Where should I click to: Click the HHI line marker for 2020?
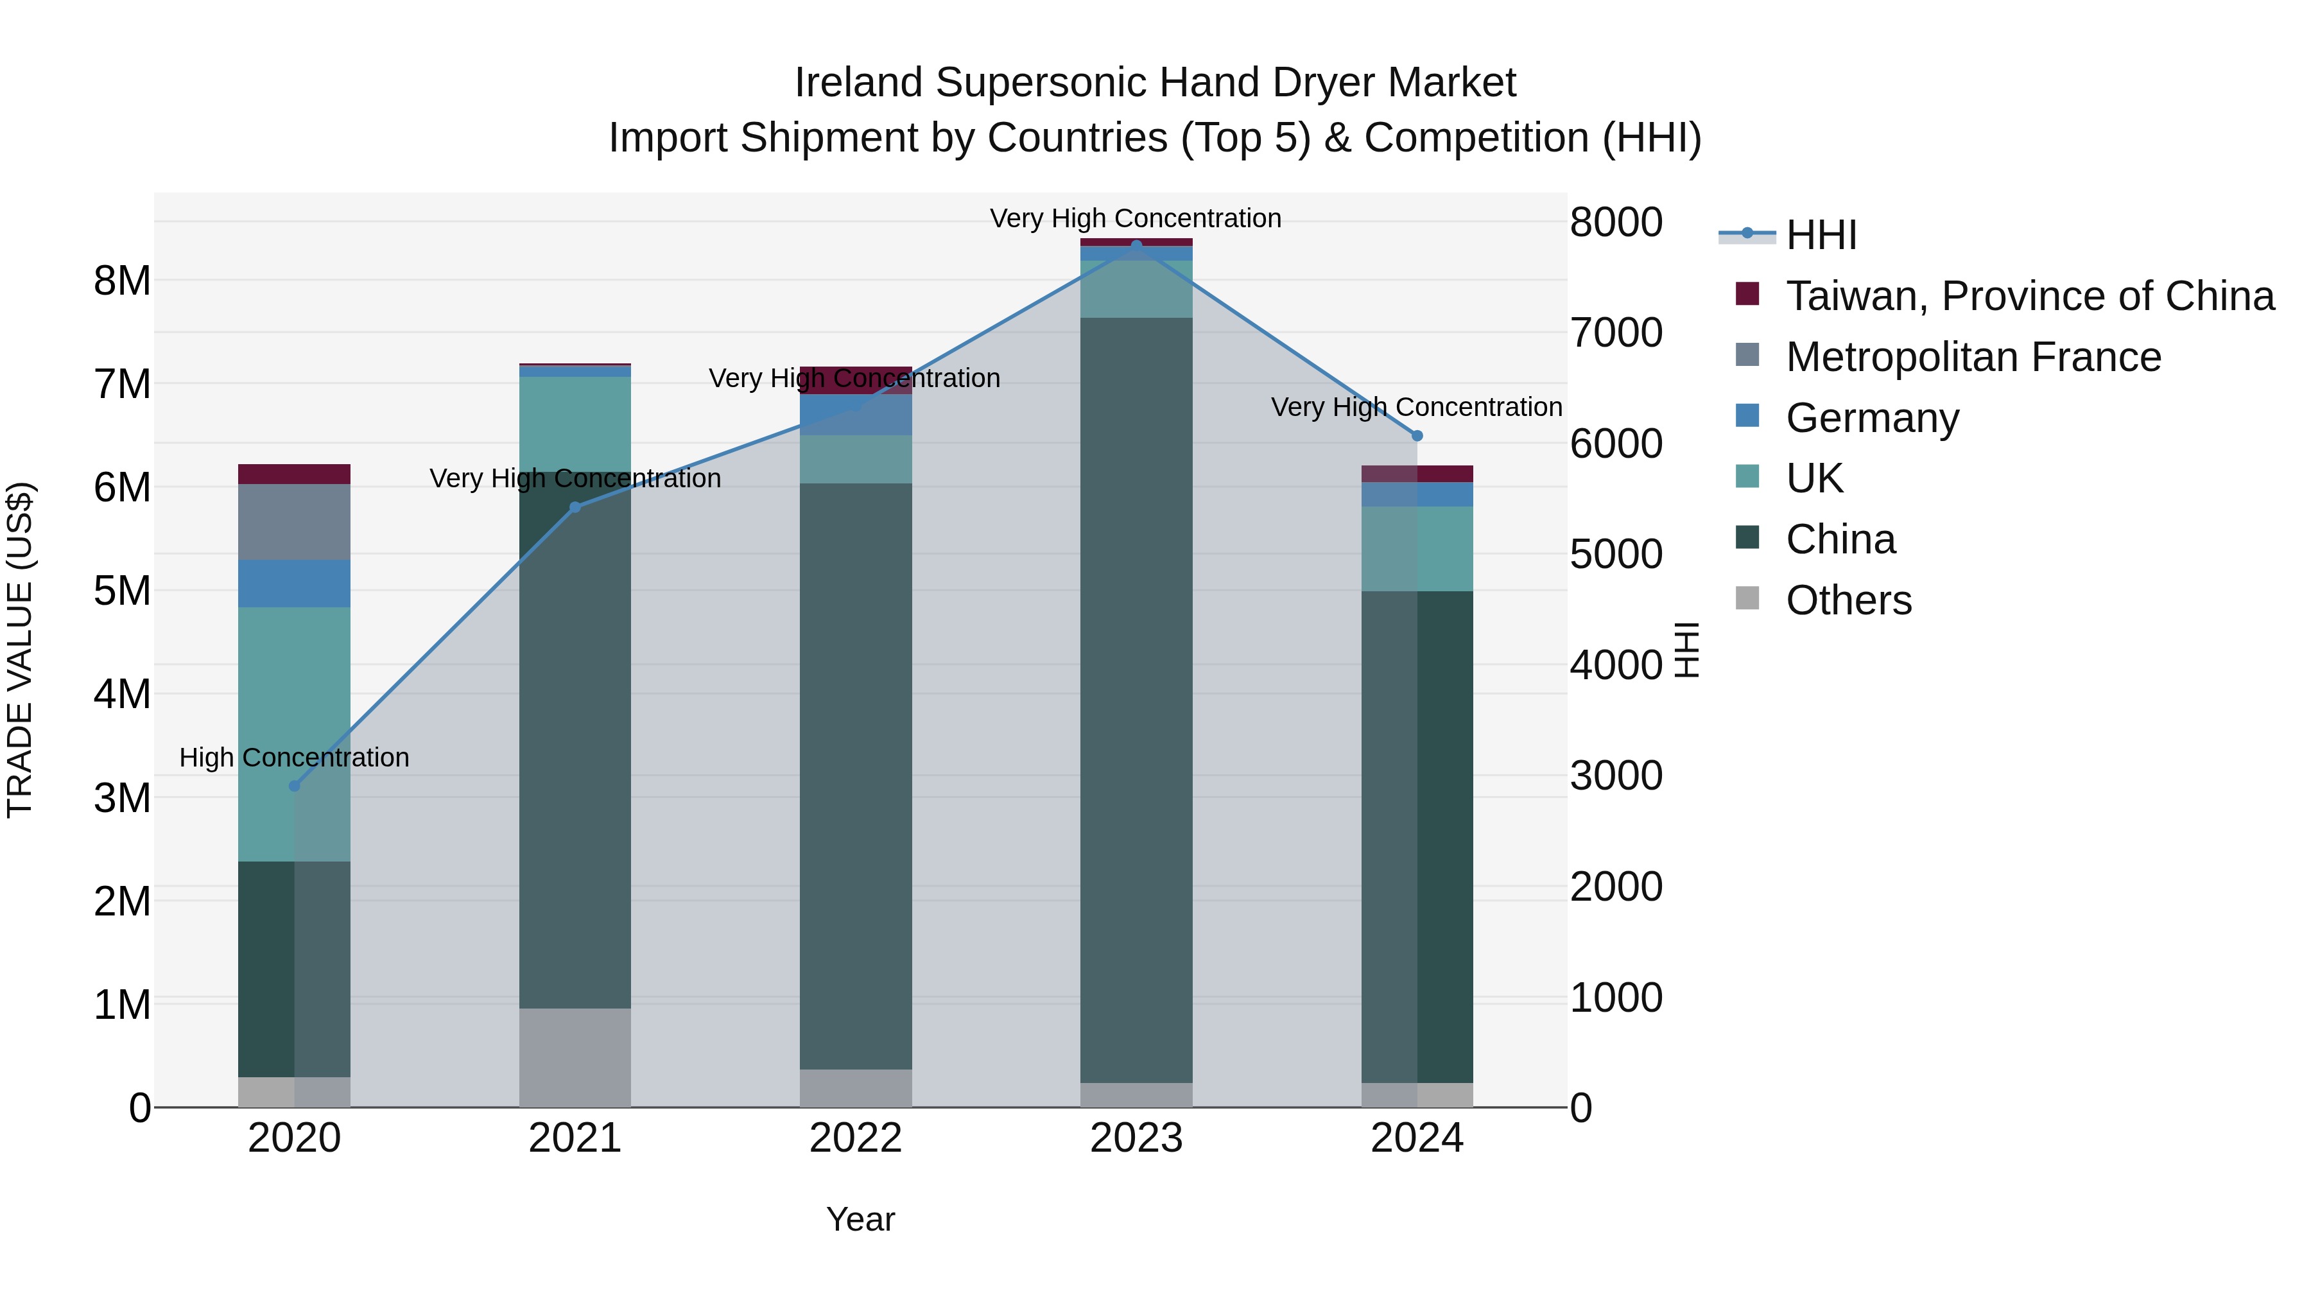[294, 786]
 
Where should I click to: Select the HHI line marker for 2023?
[1137, 245]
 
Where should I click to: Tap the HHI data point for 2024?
[1417, 436]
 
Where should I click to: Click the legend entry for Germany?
[1873, 418]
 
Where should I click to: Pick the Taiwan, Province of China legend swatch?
[1747, 294]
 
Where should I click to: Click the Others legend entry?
[1848, 600]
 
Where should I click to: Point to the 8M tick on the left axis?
[122, 281]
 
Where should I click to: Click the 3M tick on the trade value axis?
[122, 797]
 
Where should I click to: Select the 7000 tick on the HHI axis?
[1616, 333]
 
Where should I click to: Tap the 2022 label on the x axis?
[855, 1138]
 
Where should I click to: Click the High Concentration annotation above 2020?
[294, 758]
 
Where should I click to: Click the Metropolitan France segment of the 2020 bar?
[294, 522]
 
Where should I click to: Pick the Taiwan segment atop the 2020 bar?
[294, 474]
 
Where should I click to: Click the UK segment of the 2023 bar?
[1137, 289]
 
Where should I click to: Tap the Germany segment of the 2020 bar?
[294, 584]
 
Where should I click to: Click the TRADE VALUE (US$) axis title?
[20, 650]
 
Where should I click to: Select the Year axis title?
[860, 1219]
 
